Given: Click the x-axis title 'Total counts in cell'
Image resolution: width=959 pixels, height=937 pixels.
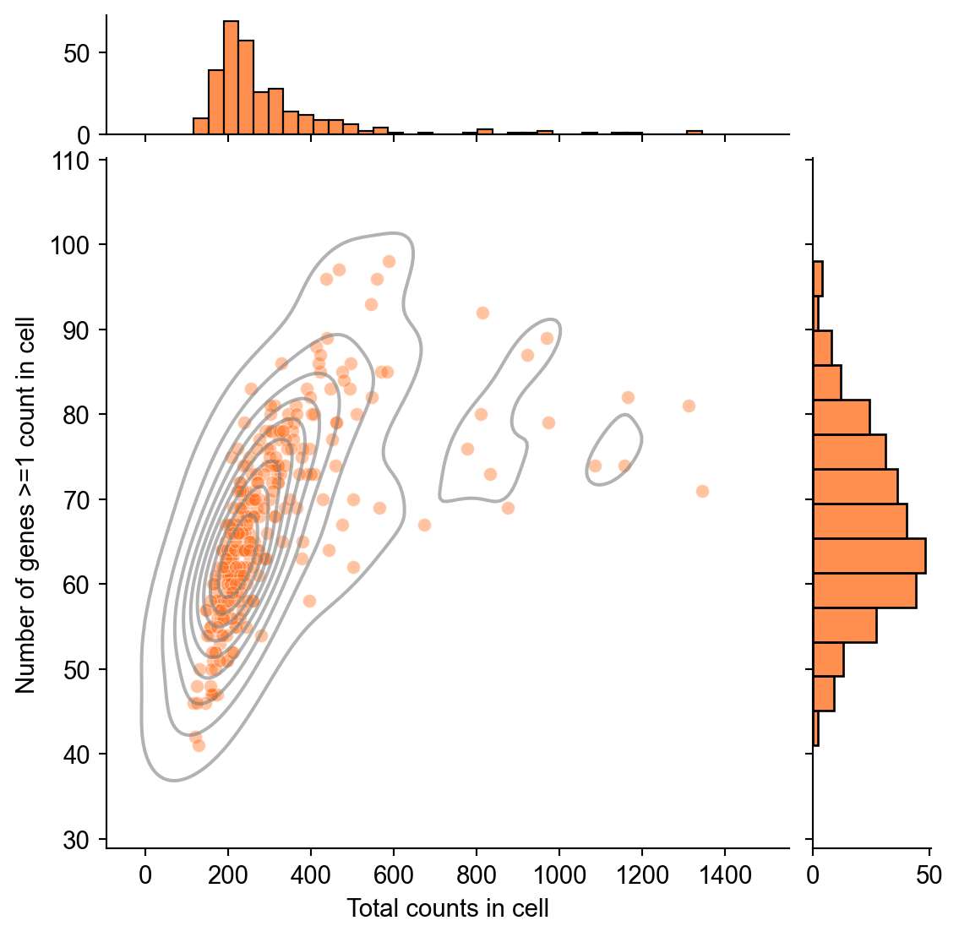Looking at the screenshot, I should (x=448, y=909).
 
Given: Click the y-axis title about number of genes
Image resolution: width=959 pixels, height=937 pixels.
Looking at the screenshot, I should (x=26, y=504).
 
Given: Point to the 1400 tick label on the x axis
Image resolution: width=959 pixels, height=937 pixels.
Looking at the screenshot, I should (x=725, y=874).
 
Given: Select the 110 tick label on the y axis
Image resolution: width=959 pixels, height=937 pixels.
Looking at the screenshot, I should (x=75, y=160).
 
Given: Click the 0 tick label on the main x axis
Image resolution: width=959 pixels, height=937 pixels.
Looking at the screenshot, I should (x=145, y=874).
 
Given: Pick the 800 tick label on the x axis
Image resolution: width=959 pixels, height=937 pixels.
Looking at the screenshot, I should (x=477, y=874).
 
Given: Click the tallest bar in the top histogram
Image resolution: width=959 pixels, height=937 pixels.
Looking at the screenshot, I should (x=231, y=78).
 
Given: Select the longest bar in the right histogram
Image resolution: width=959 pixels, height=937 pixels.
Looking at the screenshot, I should (x=869, y=555).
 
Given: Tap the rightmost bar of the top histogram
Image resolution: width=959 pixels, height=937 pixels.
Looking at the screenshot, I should (x=695, y=133).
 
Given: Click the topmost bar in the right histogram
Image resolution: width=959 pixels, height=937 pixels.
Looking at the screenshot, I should (x=818, y=279).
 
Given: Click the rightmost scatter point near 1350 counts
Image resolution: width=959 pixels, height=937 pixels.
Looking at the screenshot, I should (x=702, y=491).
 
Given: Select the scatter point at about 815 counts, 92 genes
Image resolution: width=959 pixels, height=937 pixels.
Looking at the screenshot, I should (x=482, y=313).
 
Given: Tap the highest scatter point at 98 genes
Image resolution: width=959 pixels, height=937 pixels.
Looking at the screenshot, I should (x=389, y=261).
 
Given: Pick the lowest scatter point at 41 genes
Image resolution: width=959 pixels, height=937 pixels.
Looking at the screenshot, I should (x=199, y=745).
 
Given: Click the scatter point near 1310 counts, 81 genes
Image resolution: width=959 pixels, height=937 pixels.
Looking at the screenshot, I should (x=689, y=406).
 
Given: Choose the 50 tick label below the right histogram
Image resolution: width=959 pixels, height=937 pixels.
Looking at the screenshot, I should (x=929, y=874).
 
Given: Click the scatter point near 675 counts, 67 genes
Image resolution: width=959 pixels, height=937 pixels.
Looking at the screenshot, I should (x=424, y=525).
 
